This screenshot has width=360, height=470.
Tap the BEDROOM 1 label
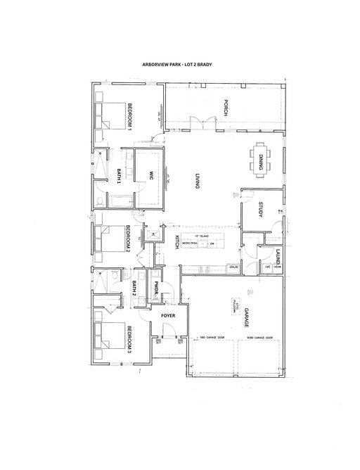pos(130,116)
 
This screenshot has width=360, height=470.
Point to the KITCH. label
pos(169,246)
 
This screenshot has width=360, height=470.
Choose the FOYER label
pos(168,316)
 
